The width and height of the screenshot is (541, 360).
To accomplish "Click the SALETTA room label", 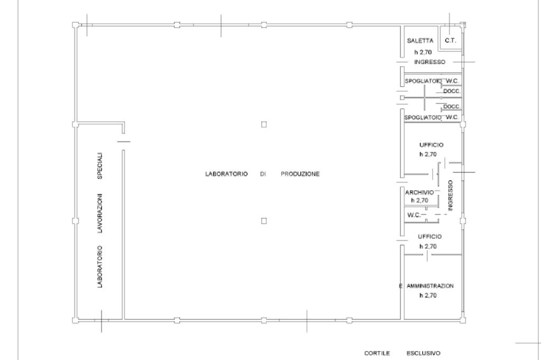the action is coord(420,41).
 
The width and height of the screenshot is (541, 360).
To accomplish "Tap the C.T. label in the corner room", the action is coord(450,41).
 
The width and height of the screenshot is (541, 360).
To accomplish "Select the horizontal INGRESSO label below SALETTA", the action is coord(430,62).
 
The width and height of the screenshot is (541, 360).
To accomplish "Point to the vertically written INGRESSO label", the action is coord(450,195).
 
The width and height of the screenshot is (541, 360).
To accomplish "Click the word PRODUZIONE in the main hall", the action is coord(300,174).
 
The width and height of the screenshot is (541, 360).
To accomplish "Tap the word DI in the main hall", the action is coord(263,174).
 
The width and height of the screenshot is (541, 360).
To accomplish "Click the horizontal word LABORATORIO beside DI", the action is coord(226,174).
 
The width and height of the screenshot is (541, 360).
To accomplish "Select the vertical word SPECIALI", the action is coord(100,166).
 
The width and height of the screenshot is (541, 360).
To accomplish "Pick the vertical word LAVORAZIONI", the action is coord(100,213).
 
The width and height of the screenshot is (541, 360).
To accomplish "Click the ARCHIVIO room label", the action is coord(419,193).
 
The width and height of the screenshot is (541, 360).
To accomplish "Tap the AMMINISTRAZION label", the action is coord(430,286).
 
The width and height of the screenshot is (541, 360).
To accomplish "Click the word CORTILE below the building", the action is coord(377,353).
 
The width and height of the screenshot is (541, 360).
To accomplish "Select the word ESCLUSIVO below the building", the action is coord(423,353).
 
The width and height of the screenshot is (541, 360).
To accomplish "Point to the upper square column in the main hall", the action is coord(264,125).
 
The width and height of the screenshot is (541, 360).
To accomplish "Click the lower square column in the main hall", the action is coord(264,221).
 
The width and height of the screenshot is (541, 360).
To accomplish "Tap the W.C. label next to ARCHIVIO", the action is coord(414,215).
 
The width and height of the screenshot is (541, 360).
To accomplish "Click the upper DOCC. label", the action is coord(452,91).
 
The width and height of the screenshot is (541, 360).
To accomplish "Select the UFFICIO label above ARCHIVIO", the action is coord(431,145).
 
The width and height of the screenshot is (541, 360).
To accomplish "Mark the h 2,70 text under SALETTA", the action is coord(423,52).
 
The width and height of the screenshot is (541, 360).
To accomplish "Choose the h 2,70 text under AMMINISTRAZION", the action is coord(428,296).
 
